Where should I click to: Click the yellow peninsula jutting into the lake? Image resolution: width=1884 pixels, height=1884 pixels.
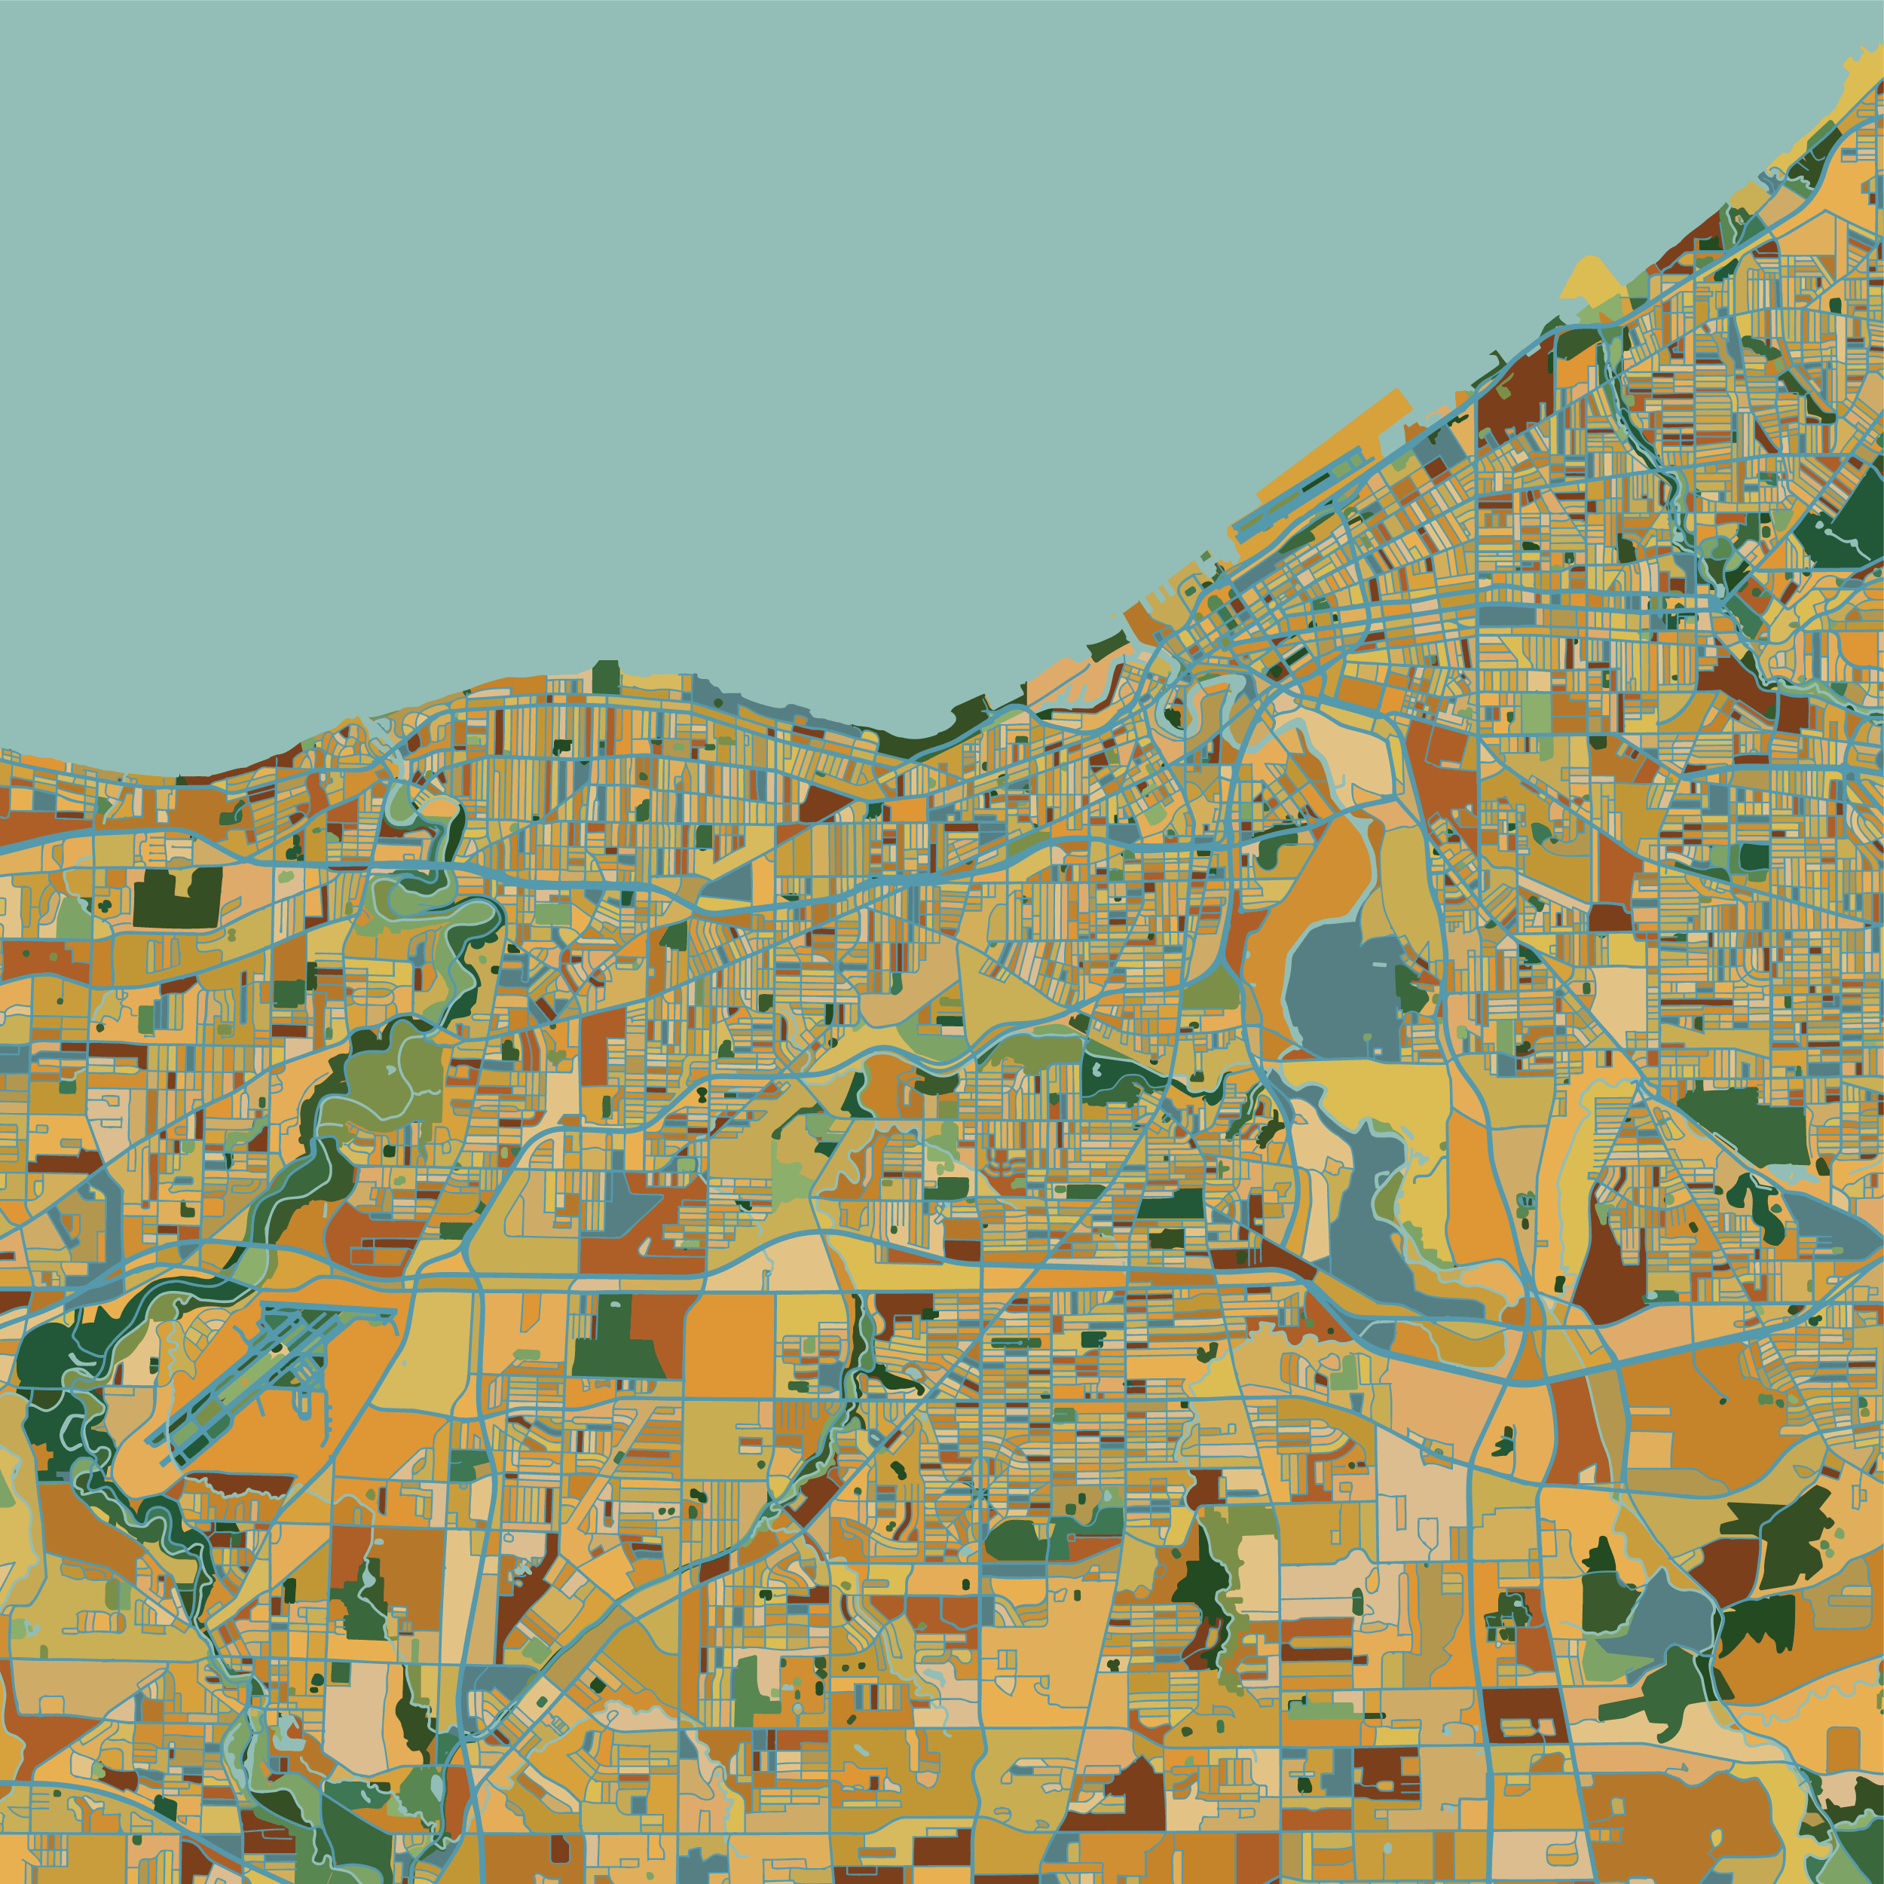pyautogui.click(x=1592, y=279)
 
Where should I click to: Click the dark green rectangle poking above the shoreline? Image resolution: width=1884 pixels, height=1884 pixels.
pyautogui.click(x=606, y=676)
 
